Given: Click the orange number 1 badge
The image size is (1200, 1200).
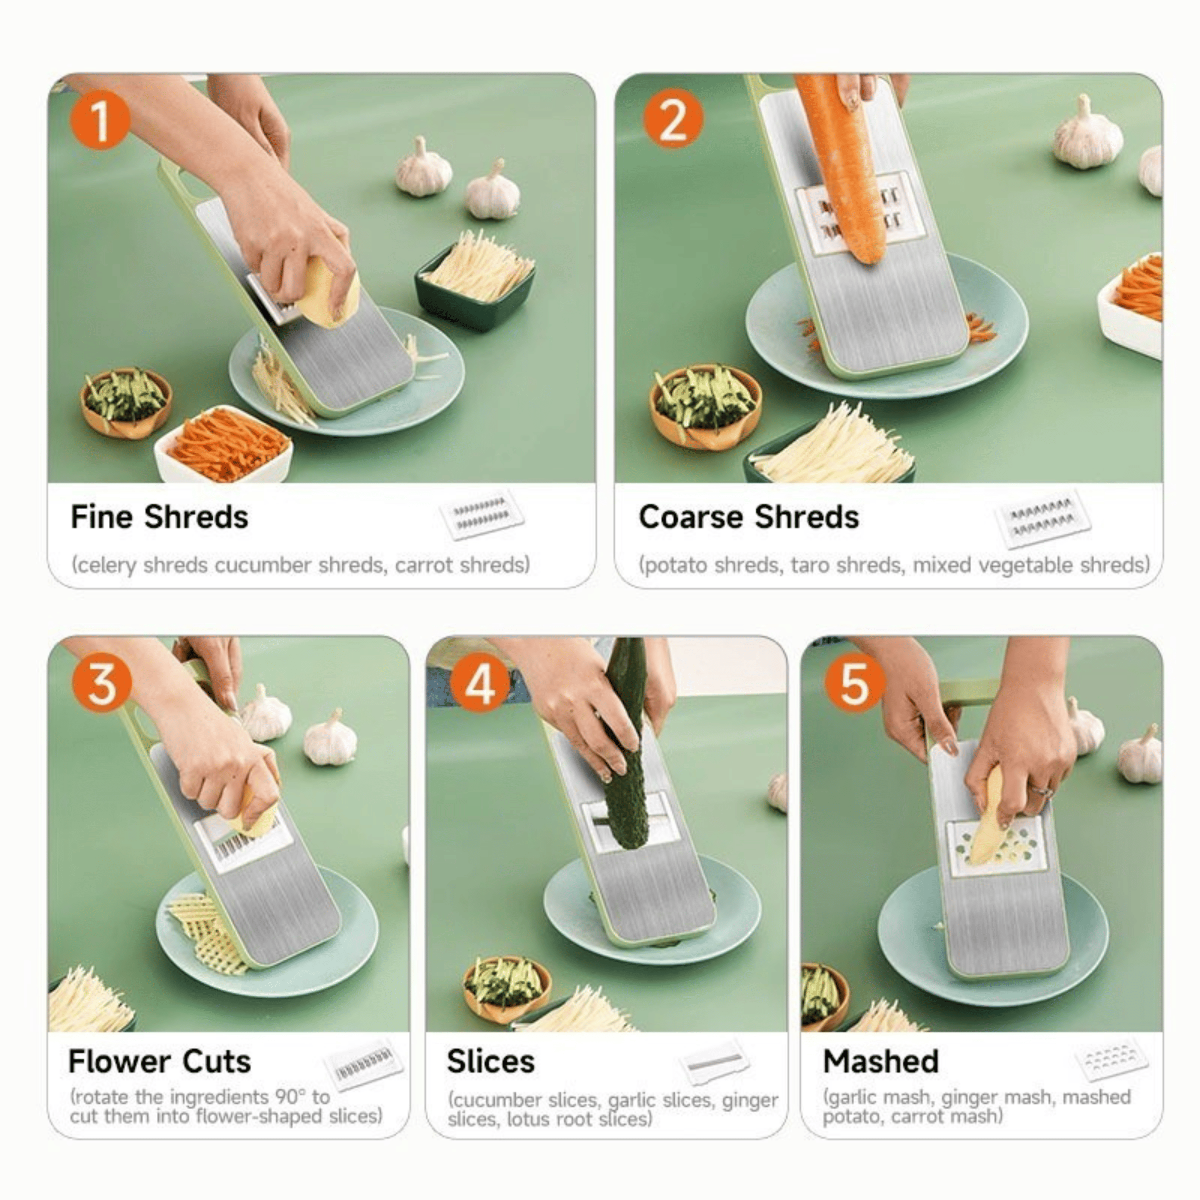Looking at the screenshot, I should pyautogui.click(x=100, y=120).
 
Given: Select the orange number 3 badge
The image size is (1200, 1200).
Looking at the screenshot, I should pyautogui.click(x=102, y=683).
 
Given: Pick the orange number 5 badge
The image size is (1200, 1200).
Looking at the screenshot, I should pyautogui.click(x=854, y=683).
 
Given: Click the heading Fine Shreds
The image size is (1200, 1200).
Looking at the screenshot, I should pyautogui.click(x=159, y=517).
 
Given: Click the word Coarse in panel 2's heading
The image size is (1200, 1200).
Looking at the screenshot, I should pyautogui.click(x=691, y=517).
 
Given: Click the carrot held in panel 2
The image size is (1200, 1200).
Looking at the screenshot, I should pyautogui.click(x=842, y=168).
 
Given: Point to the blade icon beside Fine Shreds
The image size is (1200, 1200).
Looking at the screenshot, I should pyautogui.click(x=482, y=514).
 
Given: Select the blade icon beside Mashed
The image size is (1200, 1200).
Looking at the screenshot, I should pyautogui.click(x=1111, y=1059).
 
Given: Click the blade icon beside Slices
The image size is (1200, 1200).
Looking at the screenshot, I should pyautogui.click(x=714, y=1063).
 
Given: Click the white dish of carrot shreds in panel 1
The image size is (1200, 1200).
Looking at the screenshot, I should pyautogui.click(x=223, y=446).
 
